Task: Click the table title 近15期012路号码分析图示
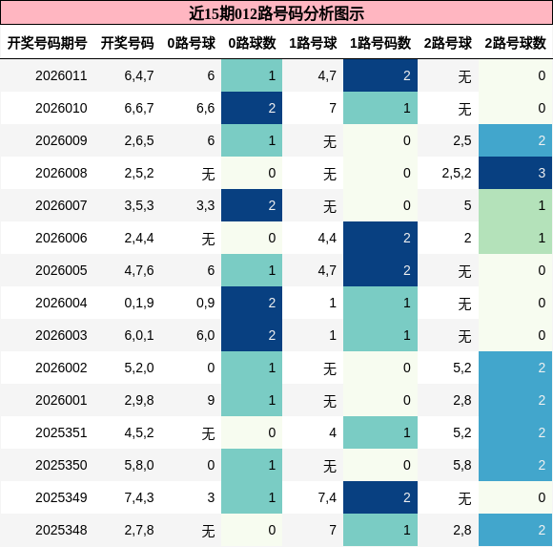pos(276,13)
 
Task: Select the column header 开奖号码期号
pos(48,43)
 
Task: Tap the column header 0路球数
pos(252,43)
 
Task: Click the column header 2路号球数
pos(515,43)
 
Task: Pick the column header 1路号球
pos(313,43)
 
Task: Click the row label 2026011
pos(61,75)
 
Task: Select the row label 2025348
pos(61,530)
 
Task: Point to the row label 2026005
pos(61,270)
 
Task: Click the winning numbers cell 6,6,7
pos(139,108)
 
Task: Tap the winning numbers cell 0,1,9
pos(139,303)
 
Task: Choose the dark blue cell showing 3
pos(515,173)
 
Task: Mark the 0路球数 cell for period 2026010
pos(252,108)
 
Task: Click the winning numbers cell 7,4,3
pos(139,497)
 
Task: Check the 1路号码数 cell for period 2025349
pos(380,497)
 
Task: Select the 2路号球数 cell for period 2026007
pos(515,205)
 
